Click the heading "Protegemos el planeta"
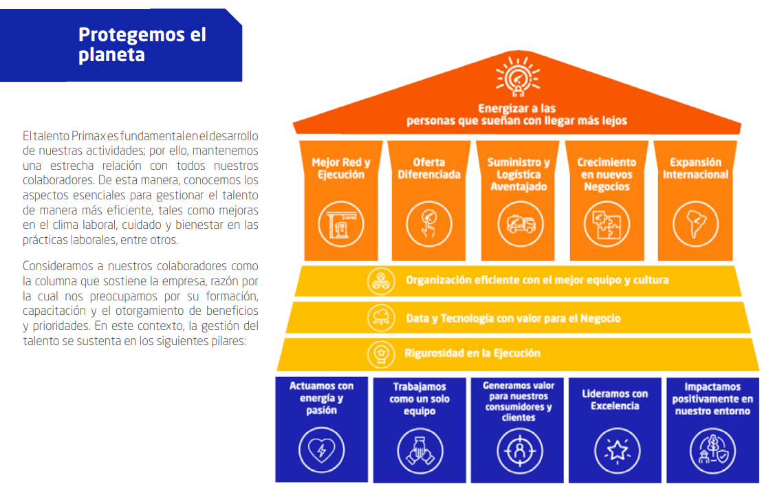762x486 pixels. pyautogui.click(x=142, y=45)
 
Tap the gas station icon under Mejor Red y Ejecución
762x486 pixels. pyautogui.click(x=340, y=224)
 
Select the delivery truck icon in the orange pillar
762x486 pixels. pyautogui.click(x=521, y=224)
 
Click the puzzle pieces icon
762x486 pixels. pyautogui.click(x=607, y=224)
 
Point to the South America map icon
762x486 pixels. pyautogui.click(x=695, y=224)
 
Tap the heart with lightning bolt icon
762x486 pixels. pyautogui.click(x=322, y=450)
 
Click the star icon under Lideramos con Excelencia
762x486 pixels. pyautogui.click(x=617, y=450)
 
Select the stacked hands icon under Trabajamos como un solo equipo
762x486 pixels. pyautogui.click(x=420, y=450)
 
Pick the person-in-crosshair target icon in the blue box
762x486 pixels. pyautogui.click(x=519, y=451)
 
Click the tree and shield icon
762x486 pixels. pyautogui.click(x=713, y=450)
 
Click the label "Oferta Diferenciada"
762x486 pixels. pyautogui.click(x=428, y=168)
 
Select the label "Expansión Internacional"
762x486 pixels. pyautogui.click(x=695, y=168)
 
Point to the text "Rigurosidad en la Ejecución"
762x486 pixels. pyautogui.click(x=472, y=353)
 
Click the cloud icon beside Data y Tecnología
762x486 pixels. pyautogui.click(x=381, y=318)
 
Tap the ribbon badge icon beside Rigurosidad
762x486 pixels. pyautogui.click(x=381, y=354)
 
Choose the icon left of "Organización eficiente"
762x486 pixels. pyautogui.click(x=381, y=280)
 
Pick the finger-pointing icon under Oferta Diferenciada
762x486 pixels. pyautogui.click(x=428, y=224)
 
